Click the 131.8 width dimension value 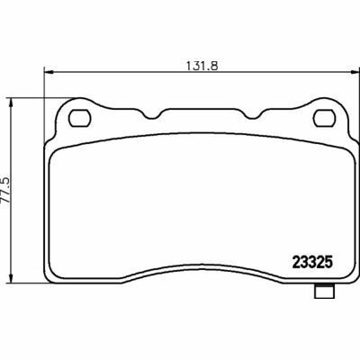click(x=202, y=65)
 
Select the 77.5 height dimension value click(x=5, y=191)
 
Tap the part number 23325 click(x=312, y=263)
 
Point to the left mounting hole click(x=80, y=118)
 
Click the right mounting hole click(x=324, y=118)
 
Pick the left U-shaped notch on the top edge click(x=152, y=115)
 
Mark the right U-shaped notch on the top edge click(x=253, y=115)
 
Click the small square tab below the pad click(x=323, y=291)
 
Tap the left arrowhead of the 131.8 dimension click(x=49, y=72)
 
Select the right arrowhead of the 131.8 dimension click(x=355, y=72)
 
